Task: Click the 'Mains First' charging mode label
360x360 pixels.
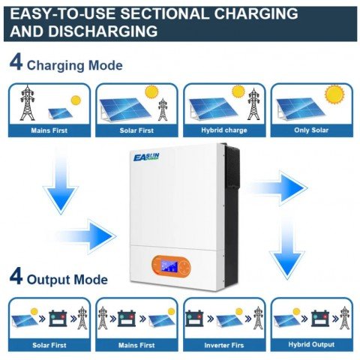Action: (x=49, y=130)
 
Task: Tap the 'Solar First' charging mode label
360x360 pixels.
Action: (x=136, y=130)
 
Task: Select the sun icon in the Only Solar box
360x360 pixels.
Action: (x=333, y=94)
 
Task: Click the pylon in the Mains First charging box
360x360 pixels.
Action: (x=28, y=103)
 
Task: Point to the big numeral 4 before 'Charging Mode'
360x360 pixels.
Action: (x=16, y=63)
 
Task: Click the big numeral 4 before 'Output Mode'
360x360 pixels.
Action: (x=16, y=278)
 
